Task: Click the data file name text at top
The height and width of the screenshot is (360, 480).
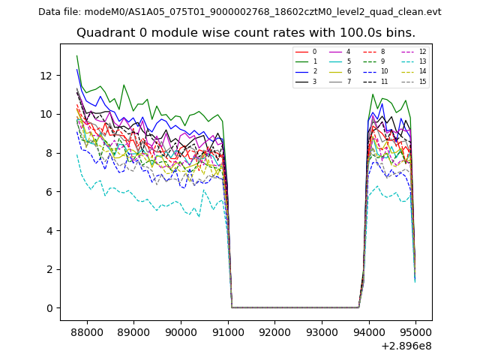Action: pyautogui.click(x=239, y=12)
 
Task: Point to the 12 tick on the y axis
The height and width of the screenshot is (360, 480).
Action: pyautogui.click(x=46, y=76)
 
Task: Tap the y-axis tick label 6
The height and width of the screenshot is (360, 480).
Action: pyautogui.click(x=49, y=192)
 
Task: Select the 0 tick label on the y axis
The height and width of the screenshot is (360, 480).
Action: pyautogui.click(x=49, y=308)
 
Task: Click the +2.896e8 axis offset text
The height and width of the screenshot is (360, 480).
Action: pyautogui.click(x=405, y=346)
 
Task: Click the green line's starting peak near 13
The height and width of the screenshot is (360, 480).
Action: pyautogui.click(x=76, y=56)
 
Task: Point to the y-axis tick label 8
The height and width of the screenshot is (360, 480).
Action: pyautogui.click(x=49, y=153)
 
